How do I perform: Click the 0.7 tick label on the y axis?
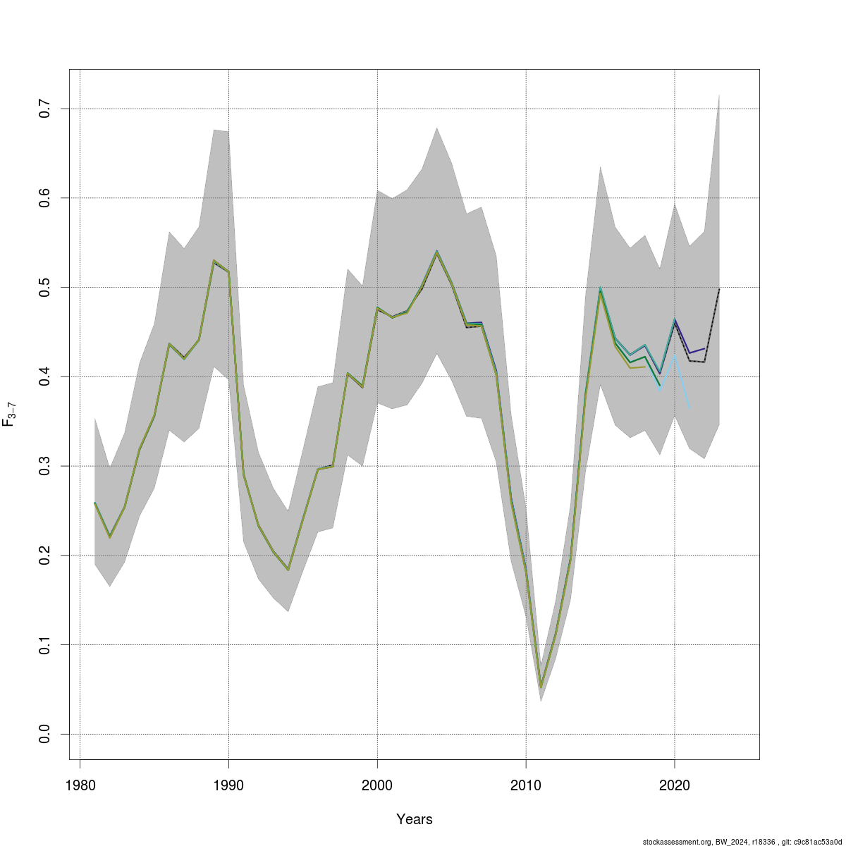[x=45, y=109]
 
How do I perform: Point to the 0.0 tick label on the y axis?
[x=45, y=734]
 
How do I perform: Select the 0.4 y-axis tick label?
[x=45, y=376]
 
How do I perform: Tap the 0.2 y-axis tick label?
[x=45, y=556]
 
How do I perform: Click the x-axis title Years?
[x=415, y=819]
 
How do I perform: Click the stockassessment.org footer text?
[x=743, y=841]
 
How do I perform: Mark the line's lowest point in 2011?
[x=541, y=687]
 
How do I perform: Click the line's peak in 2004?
[x=437, y=251]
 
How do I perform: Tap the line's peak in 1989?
[x=214, y=261]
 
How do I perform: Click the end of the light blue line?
[x=689, y=408]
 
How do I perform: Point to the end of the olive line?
[x=645, y=367]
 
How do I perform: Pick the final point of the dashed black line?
[x=719, y=289]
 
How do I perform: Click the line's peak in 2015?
[x=600, y=289]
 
